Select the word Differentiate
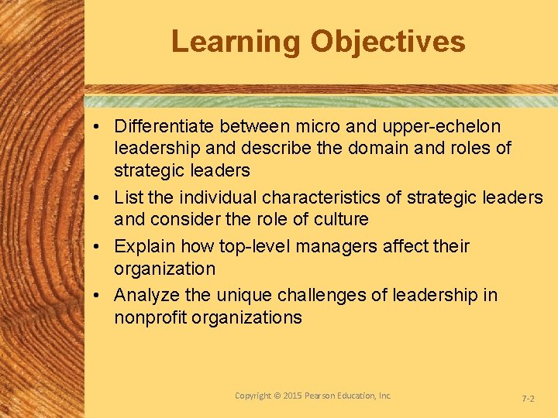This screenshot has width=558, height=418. [x=164, y=125]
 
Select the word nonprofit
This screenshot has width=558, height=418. [x=152, y=317]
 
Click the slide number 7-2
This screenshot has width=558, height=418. [x=528, y=399]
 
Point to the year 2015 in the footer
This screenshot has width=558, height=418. [x=291, y=396]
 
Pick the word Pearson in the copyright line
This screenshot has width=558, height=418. [x=326, y=396]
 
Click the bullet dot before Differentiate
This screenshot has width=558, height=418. [x=102, y=126]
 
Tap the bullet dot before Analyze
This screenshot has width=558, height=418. [x=102, y=296]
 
